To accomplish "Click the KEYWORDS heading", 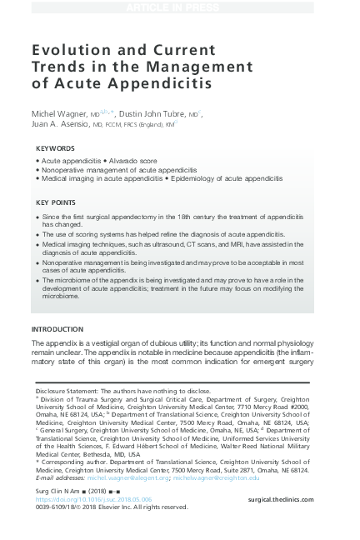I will [56, 147].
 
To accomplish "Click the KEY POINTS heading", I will [57, 202].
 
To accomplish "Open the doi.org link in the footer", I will [92, 498].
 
